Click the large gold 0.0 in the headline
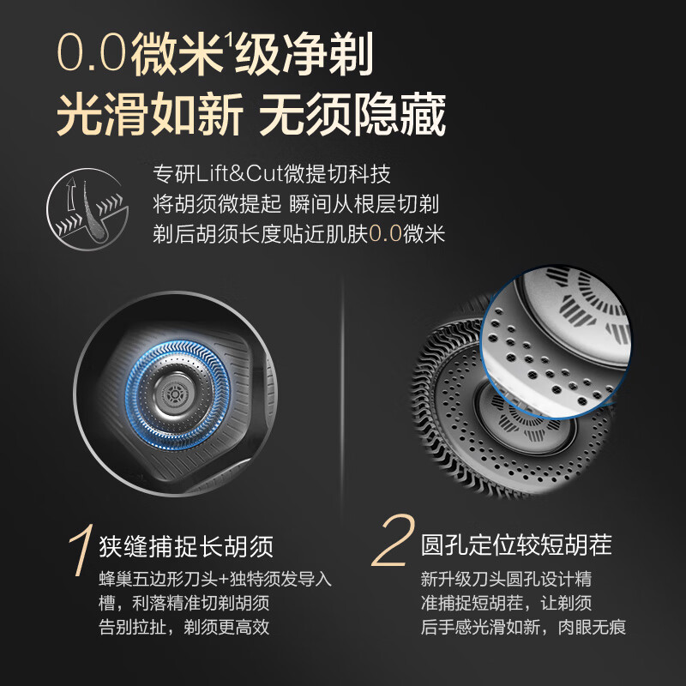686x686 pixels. coord(92,54)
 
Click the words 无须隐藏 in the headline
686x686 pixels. coord(352,115)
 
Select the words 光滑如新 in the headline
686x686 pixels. coord(150,115)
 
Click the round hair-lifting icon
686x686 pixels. coord(87,209)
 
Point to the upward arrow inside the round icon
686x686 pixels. coord(71,195)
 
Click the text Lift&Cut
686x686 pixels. coord(239,174)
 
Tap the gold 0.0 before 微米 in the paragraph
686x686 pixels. coord(385,233)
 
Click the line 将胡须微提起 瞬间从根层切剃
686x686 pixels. coord(296,204)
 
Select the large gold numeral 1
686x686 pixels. coord(81,550)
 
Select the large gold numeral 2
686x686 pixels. coord(393,541)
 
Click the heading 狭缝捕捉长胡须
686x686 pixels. coord(186,546)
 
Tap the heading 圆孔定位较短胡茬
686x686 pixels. coord(516,545)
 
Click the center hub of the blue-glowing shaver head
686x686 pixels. coord(175,394)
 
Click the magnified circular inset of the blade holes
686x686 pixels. coord(556,341)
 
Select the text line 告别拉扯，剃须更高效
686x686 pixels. coord(184,627)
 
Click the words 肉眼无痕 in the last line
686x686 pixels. coord(592,627)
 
